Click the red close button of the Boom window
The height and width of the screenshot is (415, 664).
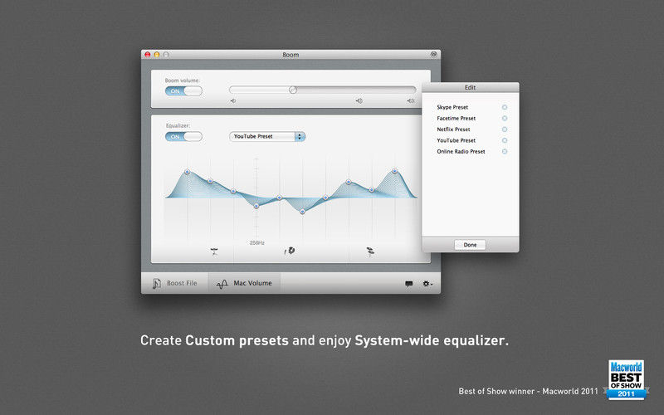point(148,55)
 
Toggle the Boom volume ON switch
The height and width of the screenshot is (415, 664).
point(183,91)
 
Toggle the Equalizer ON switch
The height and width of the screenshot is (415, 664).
point(183,137)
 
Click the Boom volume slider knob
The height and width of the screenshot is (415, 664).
point(293,90)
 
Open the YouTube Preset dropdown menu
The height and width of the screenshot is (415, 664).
point(267,136)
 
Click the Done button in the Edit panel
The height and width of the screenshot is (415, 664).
point(470,245)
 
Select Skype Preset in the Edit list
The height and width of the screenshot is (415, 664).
point(452,107)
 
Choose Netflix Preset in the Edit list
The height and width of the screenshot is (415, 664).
point(453,129)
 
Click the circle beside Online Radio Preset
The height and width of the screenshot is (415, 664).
point(505,151)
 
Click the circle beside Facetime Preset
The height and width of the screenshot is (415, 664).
point(505,118)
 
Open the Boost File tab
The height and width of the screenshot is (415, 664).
point(175,283)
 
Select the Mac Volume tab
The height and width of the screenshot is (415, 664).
point(244,283)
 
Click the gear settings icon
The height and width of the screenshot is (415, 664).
point(427,284)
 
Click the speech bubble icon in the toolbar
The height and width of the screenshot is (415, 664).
point(408,284)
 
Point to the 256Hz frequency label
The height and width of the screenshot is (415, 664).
point(257,242)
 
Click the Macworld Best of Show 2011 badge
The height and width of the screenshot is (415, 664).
point(626,380)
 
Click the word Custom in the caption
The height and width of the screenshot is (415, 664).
point(210,340)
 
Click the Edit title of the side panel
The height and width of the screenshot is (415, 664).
point(470,87)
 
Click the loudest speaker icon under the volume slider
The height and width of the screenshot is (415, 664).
point(410,100)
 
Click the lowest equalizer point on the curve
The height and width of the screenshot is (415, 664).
point(302,212)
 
